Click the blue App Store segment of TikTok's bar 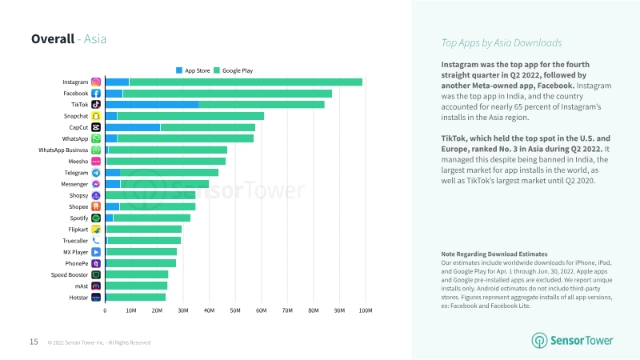tap(152, 104)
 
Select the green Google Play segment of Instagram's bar tap(246, 82)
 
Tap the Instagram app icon tap(96, 82)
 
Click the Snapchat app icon tap(96, 116)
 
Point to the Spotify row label tap(77, 218)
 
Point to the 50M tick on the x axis tap(235, 310)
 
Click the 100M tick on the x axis tap(365, 310)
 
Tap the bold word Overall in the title tap(53, 39)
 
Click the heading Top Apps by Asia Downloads tap(502, 42)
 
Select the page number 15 tap(34, 342)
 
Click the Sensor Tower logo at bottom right tap(573, 340)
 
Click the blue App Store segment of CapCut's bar tap(133, 127)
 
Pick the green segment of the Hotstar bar tap(136, 297)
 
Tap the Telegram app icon tap(96, 172)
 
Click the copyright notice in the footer tap(98, 342)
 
